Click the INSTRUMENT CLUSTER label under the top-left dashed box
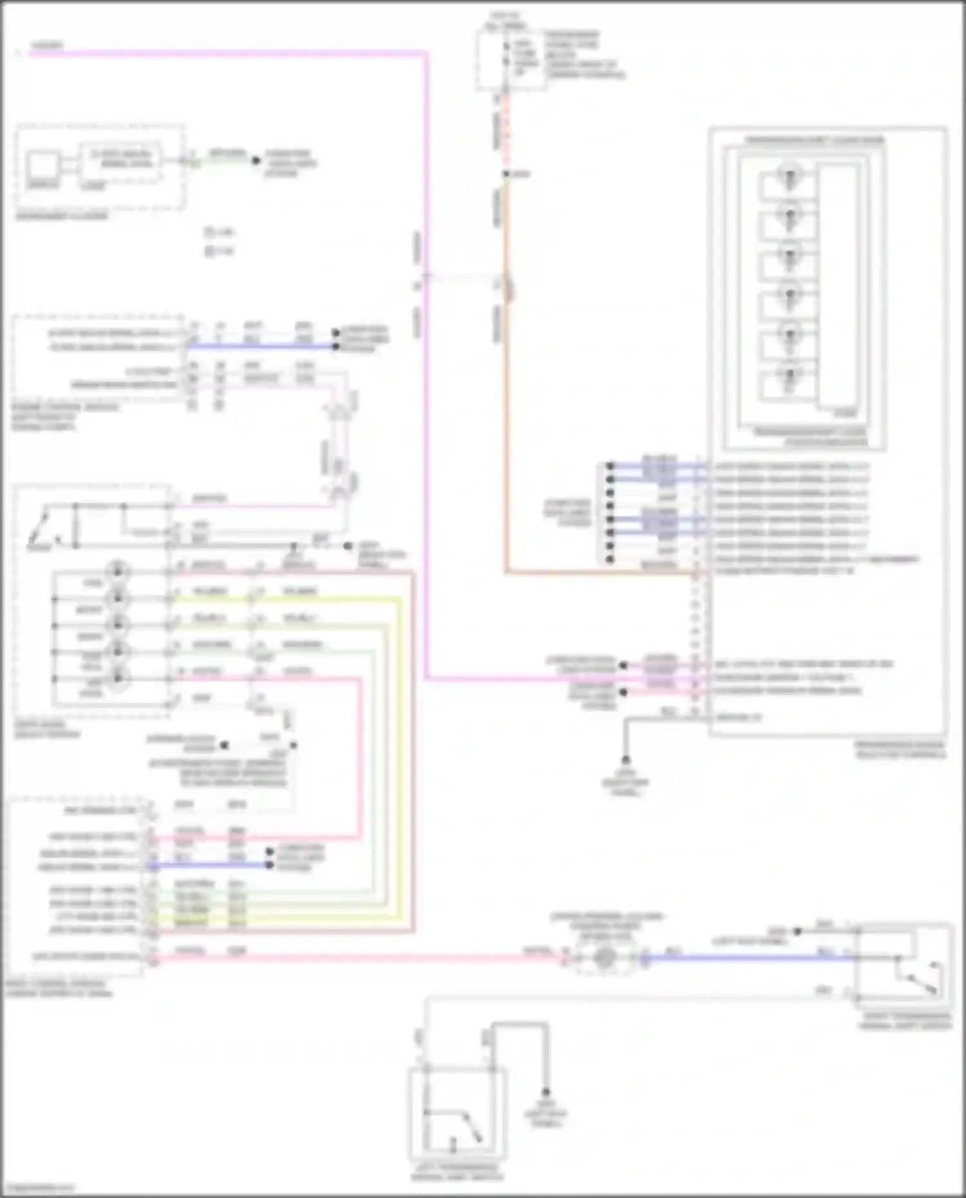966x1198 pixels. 62,216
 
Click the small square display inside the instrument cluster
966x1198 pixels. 43,166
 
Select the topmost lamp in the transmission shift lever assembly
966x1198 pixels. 789,175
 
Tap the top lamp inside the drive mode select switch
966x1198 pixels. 118,572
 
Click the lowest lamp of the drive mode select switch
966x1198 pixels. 118,677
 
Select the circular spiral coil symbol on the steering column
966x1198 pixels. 604,958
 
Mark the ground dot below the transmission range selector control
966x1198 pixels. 625,760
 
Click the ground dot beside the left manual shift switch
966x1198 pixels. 545,1092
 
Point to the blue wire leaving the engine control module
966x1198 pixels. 258,346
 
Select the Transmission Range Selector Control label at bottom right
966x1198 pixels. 900,749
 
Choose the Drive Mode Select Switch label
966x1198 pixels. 46,729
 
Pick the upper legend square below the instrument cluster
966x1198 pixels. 209,232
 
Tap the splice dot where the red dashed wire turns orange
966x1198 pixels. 507,174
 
